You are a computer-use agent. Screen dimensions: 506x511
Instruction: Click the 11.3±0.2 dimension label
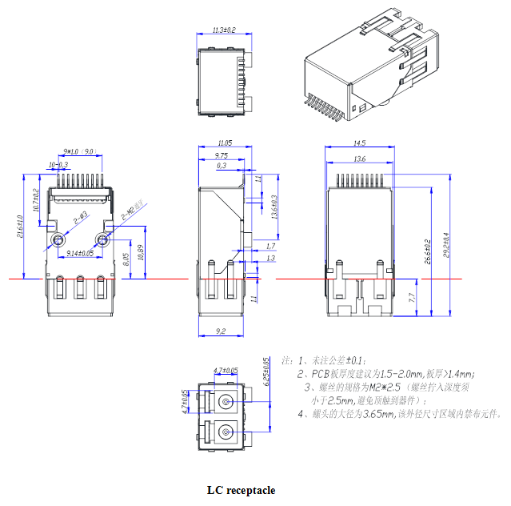(224, 30)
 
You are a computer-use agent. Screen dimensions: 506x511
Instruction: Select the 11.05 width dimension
(222, 143)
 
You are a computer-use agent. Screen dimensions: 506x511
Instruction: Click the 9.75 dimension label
(222, 155)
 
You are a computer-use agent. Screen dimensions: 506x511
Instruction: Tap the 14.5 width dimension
(359, 143)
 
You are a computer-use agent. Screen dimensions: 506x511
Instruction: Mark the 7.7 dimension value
(411, 297)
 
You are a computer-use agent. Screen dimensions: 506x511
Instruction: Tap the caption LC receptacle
(241, 490)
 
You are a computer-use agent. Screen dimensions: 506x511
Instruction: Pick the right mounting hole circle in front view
(102, 240)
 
